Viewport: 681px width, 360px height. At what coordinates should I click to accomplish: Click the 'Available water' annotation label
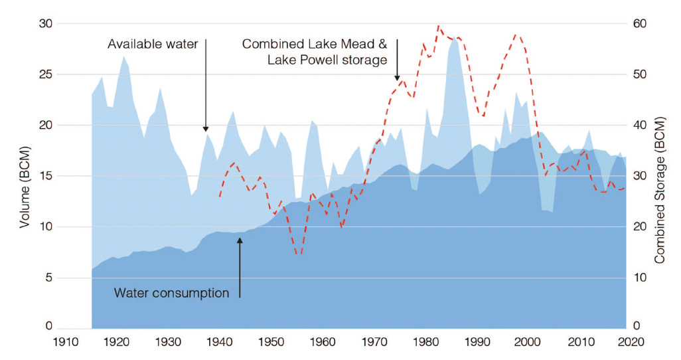coord(153,45)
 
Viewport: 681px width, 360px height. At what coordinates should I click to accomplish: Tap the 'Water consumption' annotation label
coord(171,292)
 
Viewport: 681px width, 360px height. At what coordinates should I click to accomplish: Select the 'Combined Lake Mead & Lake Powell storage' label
coord(314,52)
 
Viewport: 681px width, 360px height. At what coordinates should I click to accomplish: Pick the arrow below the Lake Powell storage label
coord(397,60)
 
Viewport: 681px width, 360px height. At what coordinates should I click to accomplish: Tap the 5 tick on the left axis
coord(48,278)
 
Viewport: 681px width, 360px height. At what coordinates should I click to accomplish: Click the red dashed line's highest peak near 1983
coord(439,26)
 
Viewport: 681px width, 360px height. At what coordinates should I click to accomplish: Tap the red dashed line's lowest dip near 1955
coord(299,254)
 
